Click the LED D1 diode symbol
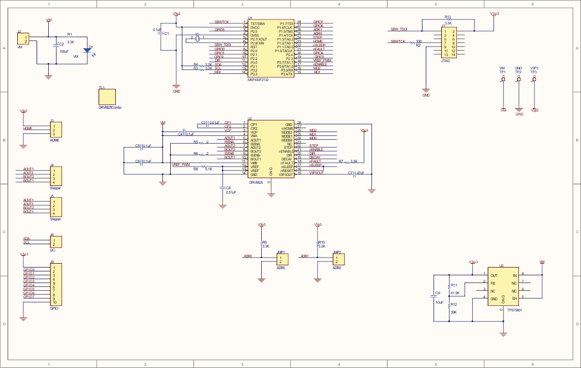click(87, 50)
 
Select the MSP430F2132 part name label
click(258, 80)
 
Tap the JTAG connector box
click(449, 43)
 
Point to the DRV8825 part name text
click(257, 182)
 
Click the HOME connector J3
click(57, 130)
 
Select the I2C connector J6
click(57, 241)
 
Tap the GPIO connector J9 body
click(57, 284)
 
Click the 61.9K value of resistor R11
click(456, 293)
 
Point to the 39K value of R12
click(453, 312)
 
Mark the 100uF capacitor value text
click(64, 51)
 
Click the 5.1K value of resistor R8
click(208, 169)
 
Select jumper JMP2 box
click(338, 259)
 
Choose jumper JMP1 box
click(282, 259)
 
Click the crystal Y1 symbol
click(197, 38)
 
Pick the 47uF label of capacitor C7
click(360, 173)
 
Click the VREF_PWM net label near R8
click(181, 165)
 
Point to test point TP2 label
click(518, 72)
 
